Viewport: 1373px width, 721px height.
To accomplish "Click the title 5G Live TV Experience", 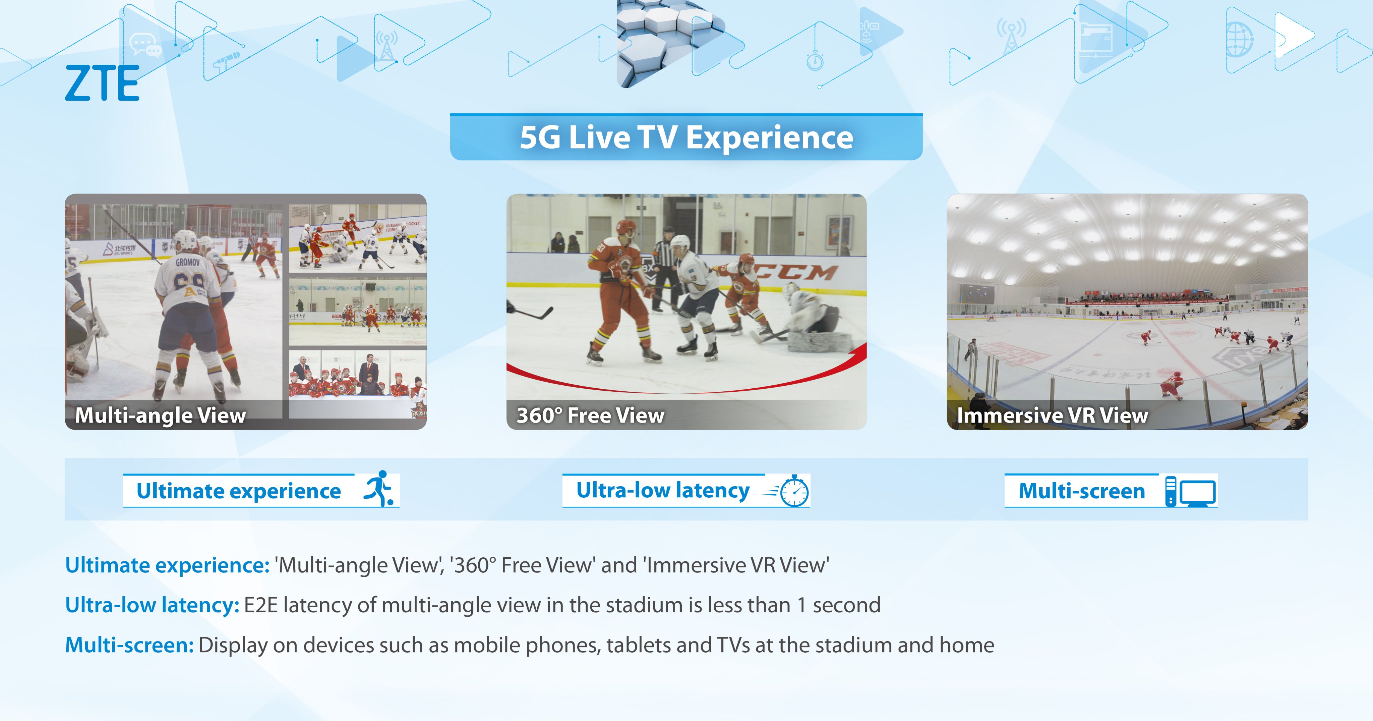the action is [686, 137].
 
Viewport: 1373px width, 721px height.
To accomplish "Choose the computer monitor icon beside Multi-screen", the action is [1191, 491].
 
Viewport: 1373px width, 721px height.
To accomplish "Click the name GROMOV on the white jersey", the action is [188, 262].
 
